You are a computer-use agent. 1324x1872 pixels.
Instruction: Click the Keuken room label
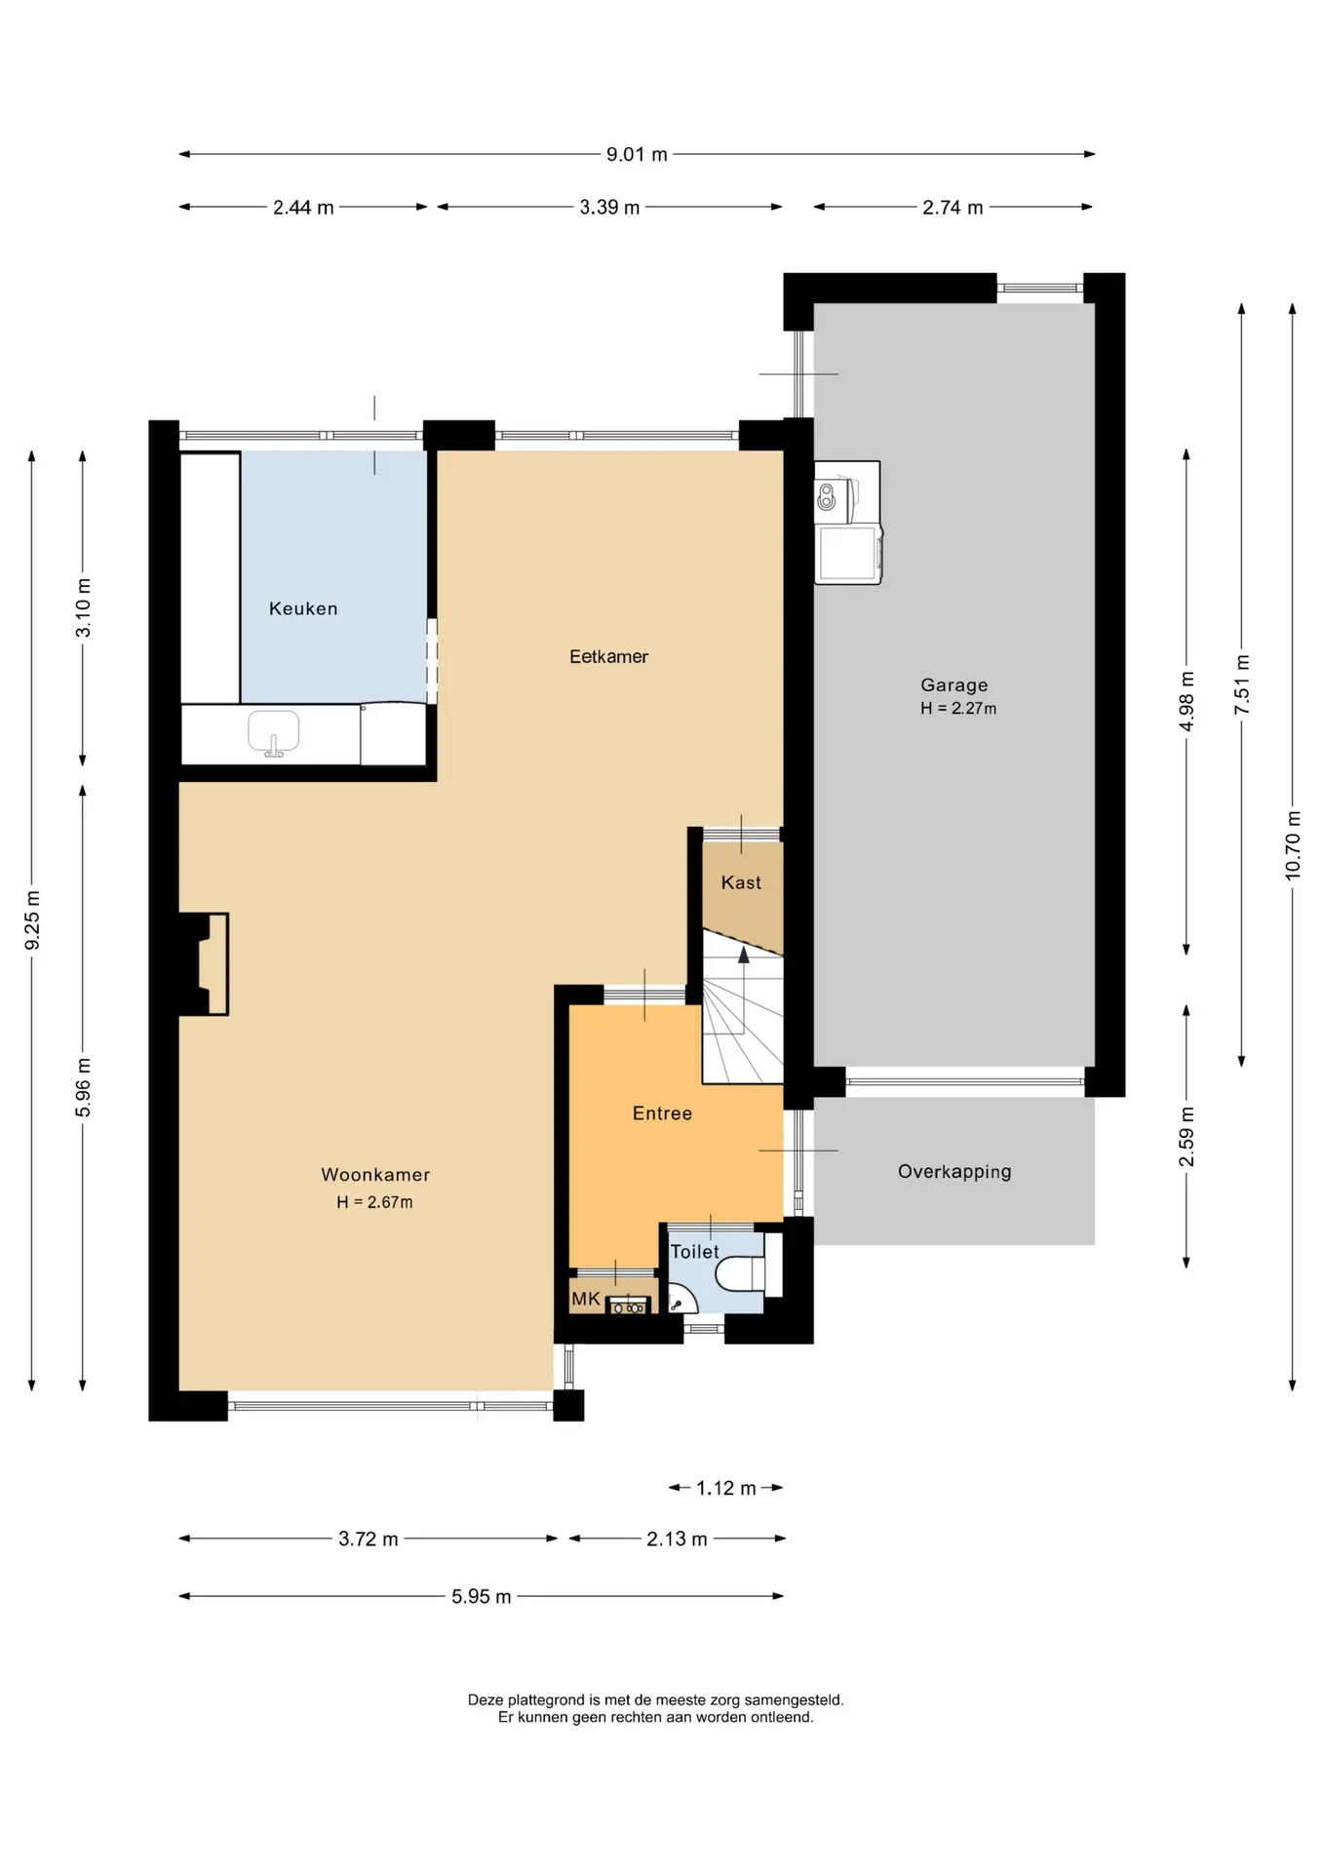[x=303, y=608]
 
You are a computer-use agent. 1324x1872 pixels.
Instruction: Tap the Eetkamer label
[x=608, y=656]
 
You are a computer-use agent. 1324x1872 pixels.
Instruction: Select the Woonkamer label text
[x=375, y=1175]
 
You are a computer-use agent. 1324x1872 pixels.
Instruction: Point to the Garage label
[x=954, y=684]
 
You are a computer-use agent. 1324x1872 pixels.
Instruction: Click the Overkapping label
[x=954, y=1171]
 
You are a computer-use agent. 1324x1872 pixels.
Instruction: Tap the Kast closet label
[x=741, y=882]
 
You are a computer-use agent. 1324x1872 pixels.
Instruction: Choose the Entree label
[x=662, y=1113]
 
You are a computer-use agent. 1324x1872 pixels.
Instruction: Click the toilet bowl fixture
[x=741, y=1273]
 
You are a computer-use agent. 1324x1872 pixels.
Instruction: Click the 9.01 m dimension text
[x=637, y=154]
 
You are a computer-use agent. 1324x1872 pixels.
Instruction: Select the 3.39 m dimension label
[x=609, y=207]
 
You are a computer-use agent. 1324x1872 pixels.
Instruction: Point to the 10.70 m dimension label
[x=1293, y=845]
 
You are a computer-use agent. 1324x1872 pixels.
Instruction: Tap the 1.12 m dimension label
[x=725, y=1488]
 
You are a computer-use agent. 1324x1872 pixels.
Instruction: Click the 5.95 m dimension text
[x=481, y=1596]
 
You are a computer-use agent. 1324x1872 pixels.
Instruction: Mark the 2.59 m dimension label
[x=1187, y=1137]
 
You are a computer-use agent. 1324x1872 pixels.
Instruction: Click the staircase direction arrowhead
[x=744, y=955]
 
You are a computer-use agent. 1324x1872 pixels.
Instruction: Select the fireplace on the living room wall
[x=203, y=964]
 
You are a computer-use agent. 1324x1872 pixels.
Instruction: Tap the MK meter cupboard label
[x=586, y=1299]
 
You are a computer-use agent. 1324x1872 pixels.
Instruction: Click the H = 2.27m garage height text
[x=958, y=709]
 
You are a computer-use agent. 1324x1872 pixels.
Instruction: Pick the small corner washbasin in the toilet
[x=680, y=1300]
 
